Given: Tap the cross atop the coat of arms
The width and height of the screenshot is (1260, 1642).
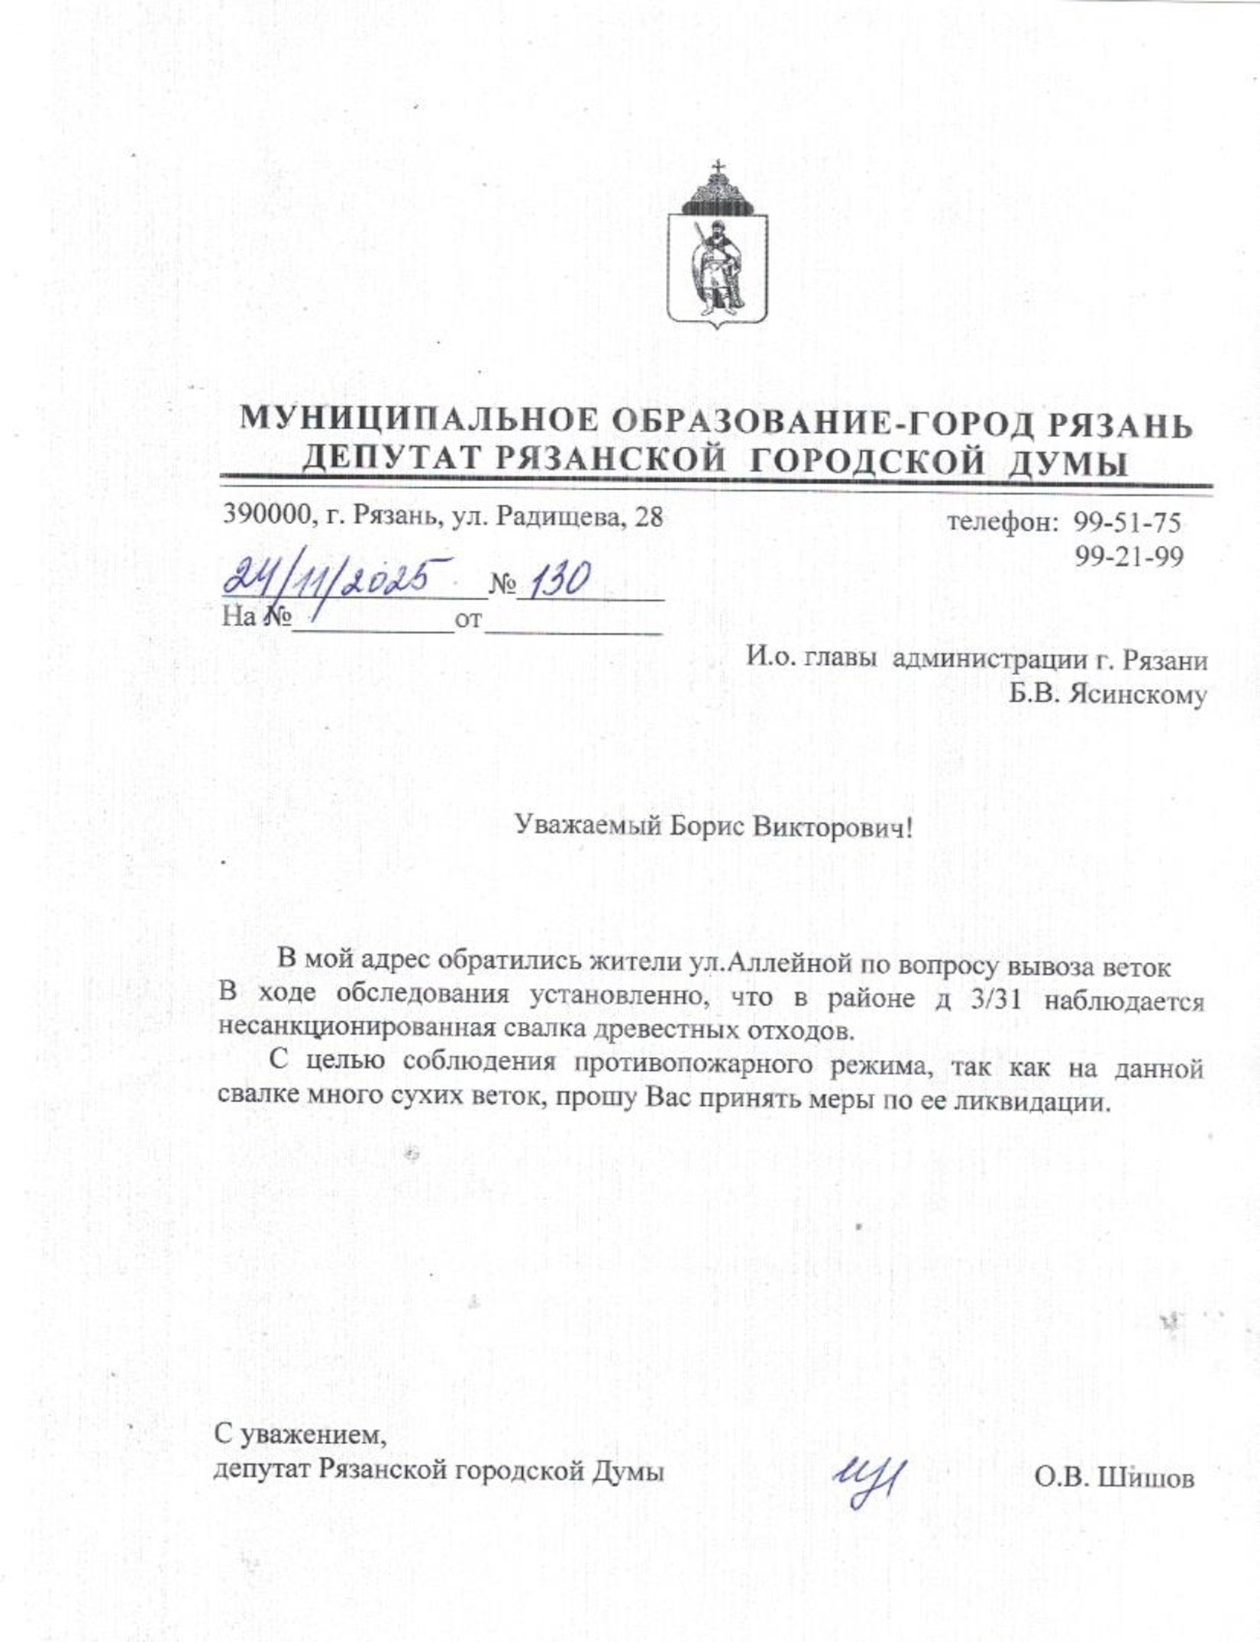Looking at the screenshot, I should [717, 166].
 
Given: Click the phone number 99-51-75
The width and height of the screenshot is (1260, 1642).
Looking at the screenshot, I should [1128, 522].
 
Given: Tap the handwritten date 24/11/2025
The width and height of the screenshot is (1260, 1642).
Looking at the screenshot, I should [336, 580].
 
